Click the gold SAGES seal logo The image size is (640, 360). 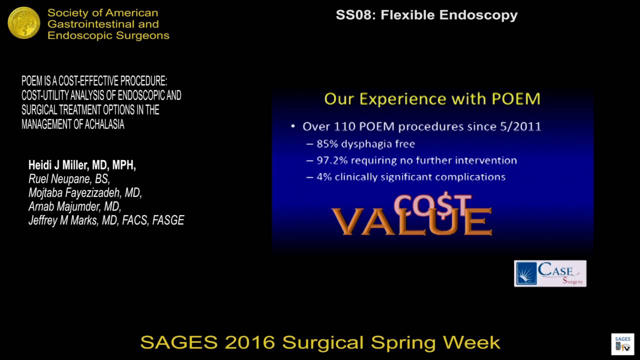pyautogui.click(x=24, y=23)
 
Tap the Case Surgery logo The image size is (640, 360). pyautogui.click(x=550, y=273)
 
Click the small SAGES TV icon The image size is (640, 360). pyautogui.click(x=622, y=344)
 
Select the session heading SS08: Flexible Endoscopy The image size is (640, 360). pyautogui.click(x=426, y=15)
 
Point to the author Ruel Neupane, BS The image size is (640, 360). pyautogui.click(x=69, y=179)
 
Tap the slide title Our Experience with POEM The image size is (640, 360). pyautogui.click(x=432, y=98)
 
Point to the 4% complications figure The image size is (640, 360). pyautogui.click(x=324, y=177)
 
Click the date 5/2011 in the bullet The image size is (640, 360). pyautogui.click(x=521, y=126)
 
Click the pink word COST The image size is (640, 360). pyautogui.click(x=432, y=204)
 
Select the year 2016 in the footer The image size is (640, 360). pyautogui.click(x=250, y=342)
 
